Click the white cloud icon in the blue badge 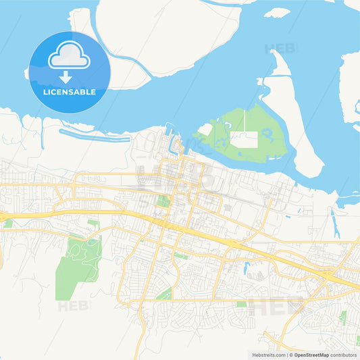click(x=69, y=56)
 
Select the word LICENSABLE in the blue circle click(x=69, y=92)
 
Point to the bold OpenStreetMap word click(x=311, y=354)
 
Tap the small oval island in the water click(x=277, y=12)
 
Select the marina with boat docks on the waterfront click(x=174, y=142)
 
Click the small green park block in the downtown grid click(x=163, y=201)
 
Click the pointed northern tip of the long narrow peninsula click(x=278, y=52)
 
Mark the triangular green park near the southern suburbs click(x=164, y=294)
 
